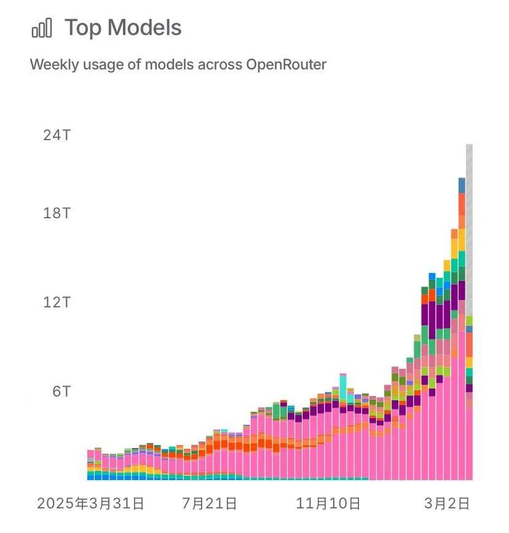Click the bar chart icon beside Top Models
(41, 28)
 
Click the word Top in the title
(83, 28)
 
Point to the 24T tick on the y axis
(57, 135)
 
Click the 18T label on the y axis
(57, 213)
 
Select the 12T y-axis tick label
(57, 302)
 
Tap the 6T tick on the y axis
(61, 392)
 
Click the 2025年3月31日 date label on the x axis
(90, 504)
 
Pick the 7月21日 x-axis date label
(209, 504)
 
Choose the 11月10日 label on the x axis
(328, 504)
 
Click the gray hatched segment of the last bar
(469, 227)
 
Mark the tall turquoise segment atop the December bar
(342, 381)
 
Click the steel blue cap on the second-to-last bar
(462, 184)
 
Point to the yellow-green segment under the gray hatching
(469, 320)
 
